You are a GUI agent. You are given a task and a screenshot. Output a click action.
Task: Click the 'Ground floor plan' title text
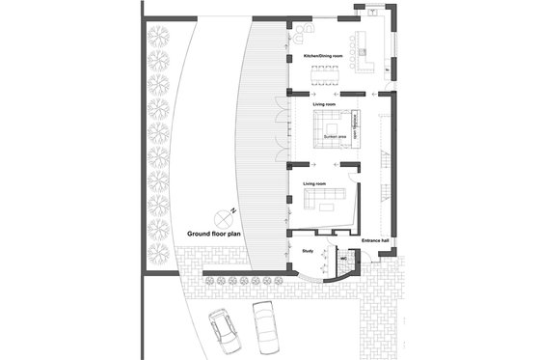[213, 234]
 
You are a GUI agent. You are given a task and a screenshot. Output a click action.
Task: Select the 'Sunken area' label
[336, 138]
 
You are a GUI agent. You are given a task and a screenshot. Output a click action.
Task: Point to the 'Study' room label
[309, 251]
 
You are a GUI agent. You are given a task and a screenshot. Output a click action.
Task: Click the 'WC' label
[342, 258]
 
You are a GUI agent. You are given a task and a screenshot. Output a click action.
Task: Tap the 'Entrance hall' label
[375, 240]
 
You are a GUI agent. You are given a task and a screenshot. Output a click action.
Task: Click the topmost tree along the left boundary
[159, 36]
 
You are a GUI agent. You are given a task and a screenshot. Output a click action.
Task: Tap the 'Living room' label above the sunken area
[324, 102]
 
